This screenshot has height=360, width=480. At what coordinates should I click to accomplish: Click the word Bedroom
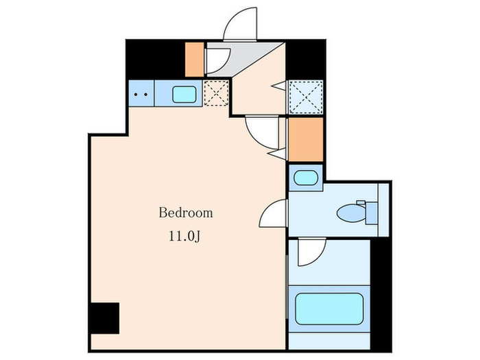(186, 213)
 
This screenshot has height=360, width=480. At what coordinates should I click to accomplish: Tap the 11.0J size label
(185, 237)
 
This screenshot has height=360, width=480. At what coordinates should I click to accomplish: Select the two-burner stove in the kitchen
(141, 94)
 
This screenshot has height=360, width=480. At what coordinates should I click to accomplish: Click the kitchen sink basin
(184, 94)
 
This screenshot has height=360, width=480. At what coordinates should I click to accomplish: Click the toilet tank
(371, 211)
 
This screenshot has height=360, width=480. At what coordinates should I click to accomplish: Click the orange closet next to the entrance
(195, 60)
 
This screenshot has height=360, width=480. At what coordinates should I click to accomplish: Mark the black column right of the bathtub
(380, 296)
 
